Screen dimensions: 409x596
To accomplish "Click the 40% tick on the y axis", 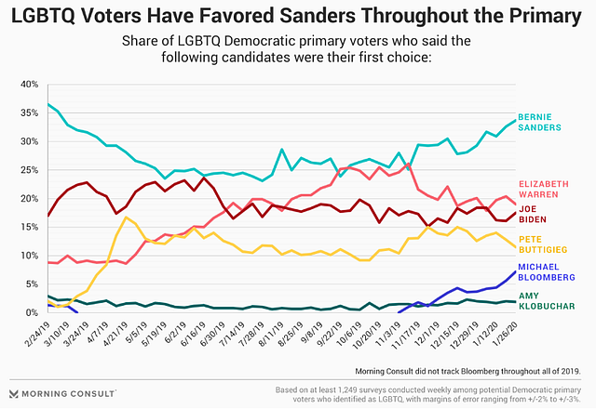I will click(x=33, y=84).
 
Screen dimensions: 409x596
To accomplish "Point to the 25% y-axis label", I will click(x=33, y=169).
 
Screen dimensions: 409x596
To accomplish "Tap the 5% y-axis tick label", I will click(x=35, y=284).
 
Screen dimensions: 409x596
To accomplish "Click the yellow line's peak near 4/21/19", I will click(x=126, y=218).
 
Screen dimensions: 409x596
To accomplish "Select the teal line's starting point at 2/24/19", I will click(x=48, y=104).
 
